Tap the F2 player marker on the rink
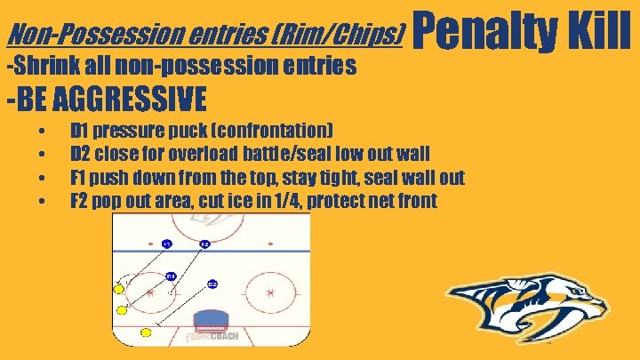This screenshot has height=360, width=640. point(204,243)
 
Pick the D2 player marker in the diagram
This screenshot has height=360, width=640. point(212,284)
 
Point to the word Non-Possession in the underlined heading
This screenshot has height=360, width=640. point(70,35)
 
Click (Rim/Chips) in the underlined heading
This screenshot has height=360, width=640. point(348,35)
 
